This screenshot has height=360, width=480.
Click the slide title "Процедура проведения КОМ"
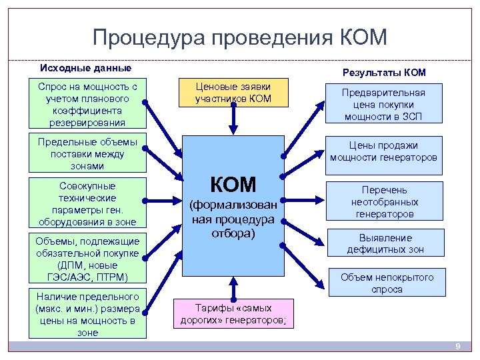[239, 38]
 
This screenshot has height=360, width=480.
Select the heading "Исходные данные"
[86, 68]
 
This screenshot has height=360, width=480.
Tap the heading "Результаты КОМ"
[383, 72]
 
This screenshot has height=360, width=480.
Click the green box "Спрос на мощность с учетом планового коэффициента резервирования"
[87, 105]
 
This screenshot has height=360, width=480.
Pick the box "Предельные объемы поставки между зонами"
[87, 153]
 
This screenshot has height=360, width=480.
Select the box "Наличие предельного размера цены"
[87, 314]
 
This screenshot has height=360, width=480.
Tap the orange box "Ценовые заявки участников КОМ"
[233, 93]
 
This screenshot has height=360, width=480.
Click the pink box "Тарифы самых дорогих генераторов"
[233, 313]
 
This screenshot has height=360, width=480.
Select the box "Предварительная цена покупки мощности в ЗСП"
[383, 105]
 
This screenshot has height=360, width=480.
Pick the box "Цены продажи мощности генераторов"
[383, 151]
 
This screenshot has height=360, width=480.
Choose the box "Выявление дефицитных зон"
[385, 244]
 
